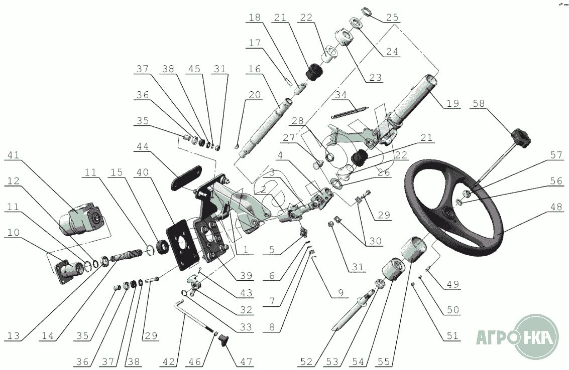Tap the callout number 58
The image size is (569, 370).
coord(478,104)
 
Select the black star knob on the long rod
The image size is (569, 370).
coord(521,138)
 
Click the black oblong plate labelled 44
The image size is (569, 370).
coord(187,177)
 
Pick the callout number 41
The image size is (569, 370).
coord(14,155)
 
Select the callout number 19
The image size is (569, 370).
coord(452,103)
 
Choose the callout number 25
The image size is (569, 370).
coord(392,18)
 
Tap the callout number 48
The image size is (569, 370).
coord(556,207)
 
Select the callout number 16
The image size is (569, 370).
coord(255,69)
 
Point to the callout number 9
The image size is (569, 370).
coord(340,293)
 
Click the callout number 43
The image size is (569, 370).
coord(246,292)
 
